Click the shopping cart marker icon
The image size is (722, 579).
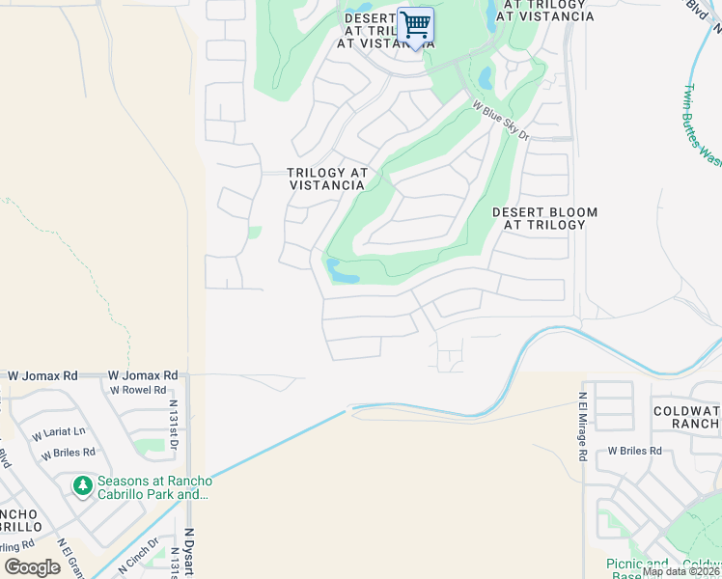pyautogui.click(x=415, y=25)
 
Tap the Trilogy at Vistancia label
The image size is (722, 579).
pyautogui.click(x=327, y=179)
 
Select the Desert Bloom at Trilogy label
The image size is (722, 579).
pyautogui.click(x=544, y=218)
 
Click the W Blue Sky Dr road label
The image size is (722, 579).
pyautogui.click(x=501, y=122)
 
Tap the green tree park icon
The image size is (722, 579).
pyautogui.click(x=82, y=483)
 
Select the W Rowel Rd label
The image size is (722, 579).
pyautogui.click(x=137, y=391)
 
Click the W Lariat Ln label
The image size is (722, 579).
pyautogui.click(x=59, y=431)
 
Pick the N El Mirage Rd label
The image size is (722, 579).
pyautogui.click(x=583, y=425)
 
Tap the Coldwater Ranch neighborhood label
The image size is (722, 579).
pyautogui.click(x=684, y=416)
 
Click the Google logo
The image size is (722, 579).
pyautogui.click(x=32, y=566)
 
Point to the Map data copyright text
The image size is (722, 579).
pyautogui.click(x=681, y=571)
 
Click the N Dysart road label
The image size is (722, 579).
pyautogui.click(x=189, y=551)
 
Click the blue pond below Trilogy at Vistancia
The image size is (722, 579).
pyautogui.click(x=342, y=271)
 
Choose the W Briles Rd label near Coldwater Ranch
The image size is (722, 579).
pyautogui.click(x=634, y=451)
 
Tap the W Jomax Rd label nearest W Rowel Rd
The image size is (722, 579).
pyautogui.click(x=143, y=374)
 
